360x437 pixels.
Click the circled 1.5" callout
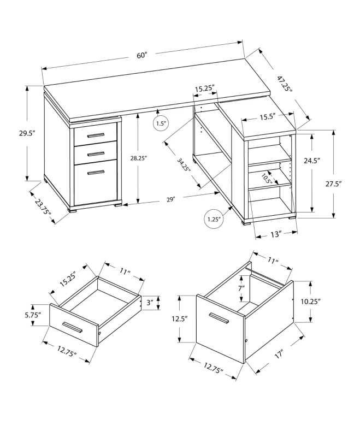[x=161, y=123]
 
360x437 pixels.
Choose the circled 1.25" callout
[x=214, y=220]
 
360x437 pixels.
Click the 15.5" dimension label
[x=267, y=116]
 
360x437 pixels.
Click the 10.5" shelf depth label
[x=266, y=179]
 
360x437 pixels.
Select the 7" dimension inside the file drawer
[x=241, y=288]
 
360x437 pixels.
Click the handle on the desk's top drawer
[x=96, y=135]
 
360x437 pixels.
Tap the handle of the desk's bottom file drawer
[x=96, y=173]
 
